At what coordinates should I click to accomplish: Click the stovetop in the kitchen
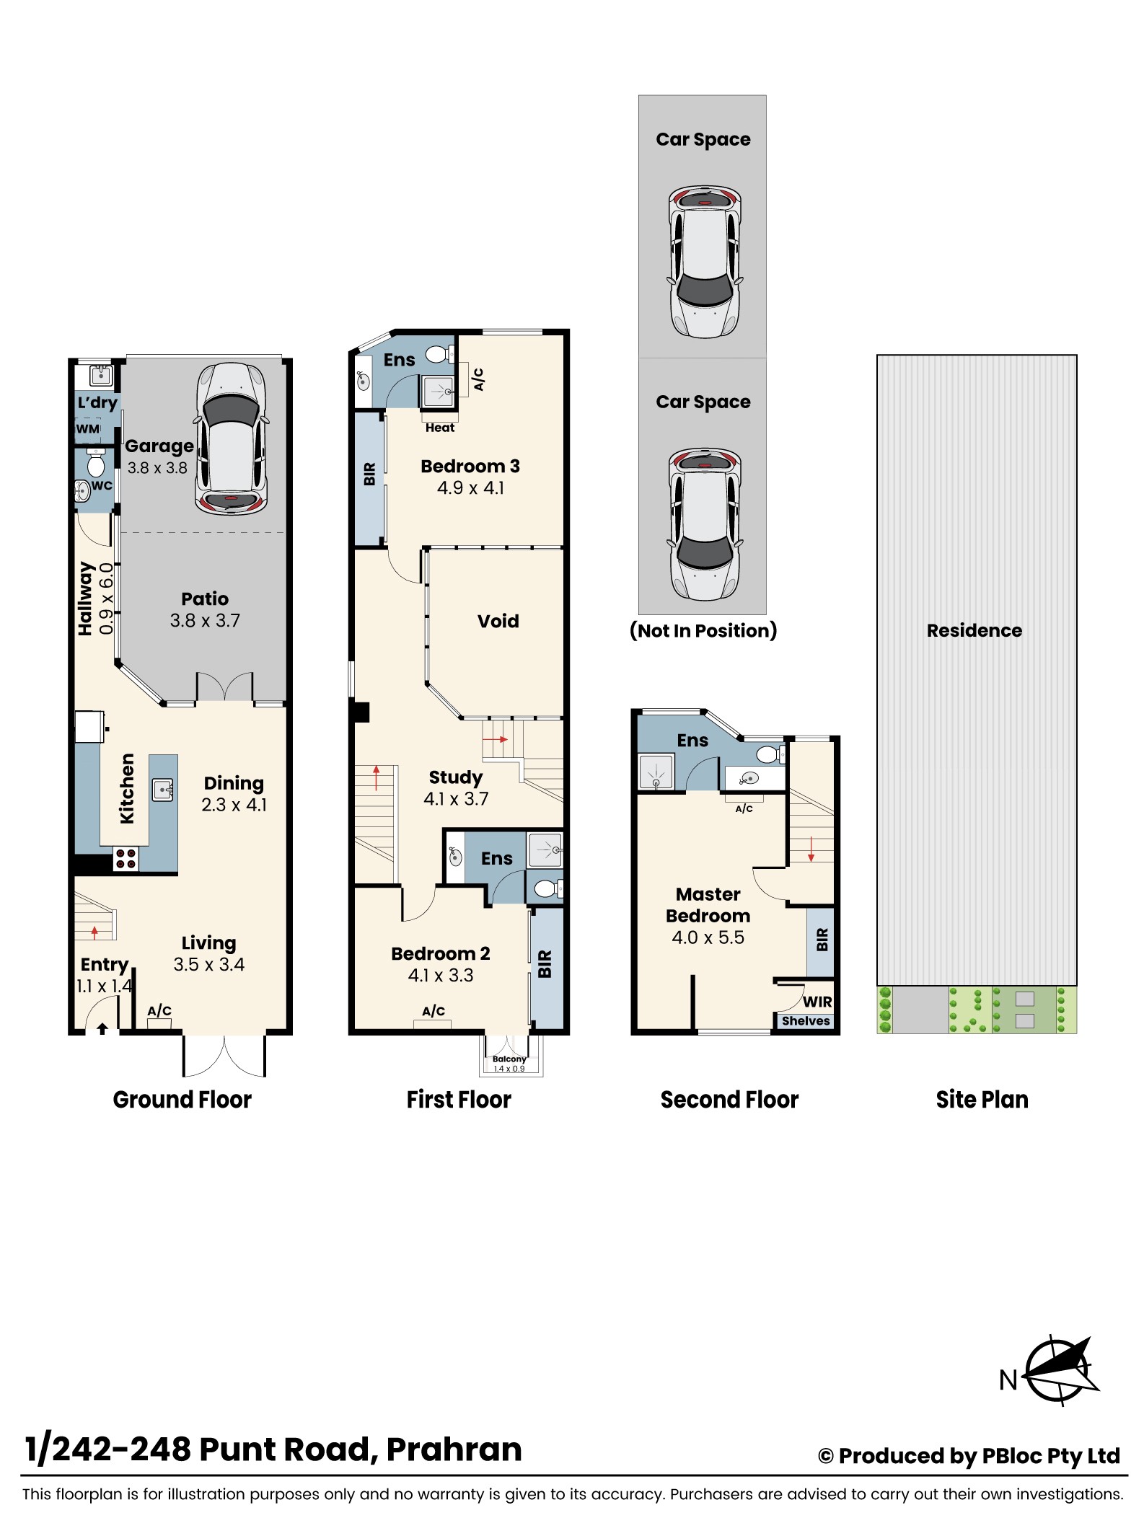[126, 858]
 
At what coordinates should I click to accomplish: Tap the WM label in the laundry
[88, 429]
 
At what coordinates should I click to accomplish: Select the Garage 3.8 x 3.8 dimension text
[157, 467]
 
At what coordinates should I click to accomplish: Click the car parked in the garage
[231, 438]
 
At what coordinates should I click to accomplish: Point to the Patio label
[205, 599]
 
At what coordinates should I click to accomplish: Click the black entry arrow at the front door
[102, 1028]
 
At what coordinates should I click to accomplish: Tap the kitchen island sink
[163, 790]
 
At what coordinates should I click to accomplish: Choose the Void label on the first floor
[498, 621]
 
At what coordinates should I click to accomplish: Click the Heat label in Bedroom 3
[440, 428]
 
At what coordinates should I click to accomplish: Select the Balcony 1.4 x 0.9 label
[509, 1064]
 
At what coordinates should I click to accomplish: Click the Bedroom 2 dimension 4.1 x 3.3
[441, 975]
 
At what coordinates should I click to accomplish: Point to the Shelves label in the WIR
[806, 1020]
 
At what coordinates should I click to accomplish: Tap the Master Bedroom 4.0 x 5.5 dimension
[708, 937]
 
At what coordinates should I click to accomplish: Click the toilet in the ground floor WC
[95, 462]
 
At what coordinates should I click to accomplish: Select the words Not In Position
[703, 630]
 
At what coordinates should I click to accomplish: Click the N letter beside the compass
[1008, 1380]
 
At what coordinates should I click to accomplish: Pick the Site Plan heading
[982, 1099]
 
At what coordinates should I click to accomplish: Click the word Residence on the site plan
[974, 630]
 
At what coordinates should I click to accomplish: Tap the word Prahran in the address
[454, 1449]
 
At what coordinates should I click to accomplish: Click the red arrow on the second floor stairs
[811, 849]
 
